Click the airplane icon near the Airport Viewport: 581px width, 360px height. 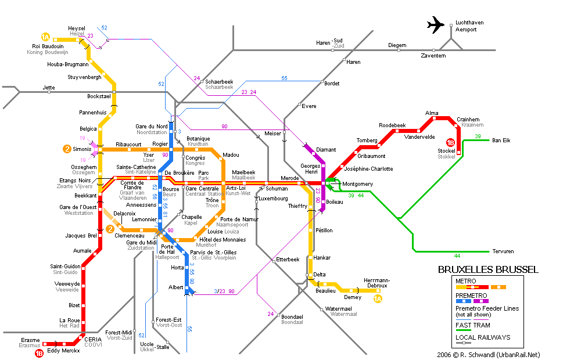pyautogui.click(x=435, y=25)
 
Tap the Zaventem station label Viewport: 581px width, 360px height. pyautogui.click(x=433, y=55)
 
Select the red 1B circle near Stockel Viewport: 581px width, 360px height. pyautogui.click(x=450, y=142)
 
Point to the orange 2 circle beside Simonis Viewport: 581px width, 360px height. pyautogui.click(x=67, y=149)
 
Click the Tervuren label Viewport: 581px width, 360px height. pyautogui.click(x=503, y=251)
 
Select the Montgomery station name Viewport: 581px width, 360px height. pyautogui.click(x=358, y=184)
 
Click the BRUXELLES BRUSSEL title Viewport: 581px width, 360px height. pyautogui.click(x=487, y=269)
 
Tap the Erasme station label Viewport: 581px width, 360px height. pyautogui.click(x=30, y=340)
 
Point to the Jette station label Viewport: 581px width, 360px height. pyautogui.click(x=49, y=87)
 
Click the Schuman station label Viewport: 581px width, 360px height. pyautogui.click(x=277, y=189)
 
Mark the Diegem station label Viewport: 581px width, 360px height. pyautogui.click(x=397, y=45)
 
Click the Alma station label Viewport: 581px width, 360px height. pyautogui.click(x=432, y=113)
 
